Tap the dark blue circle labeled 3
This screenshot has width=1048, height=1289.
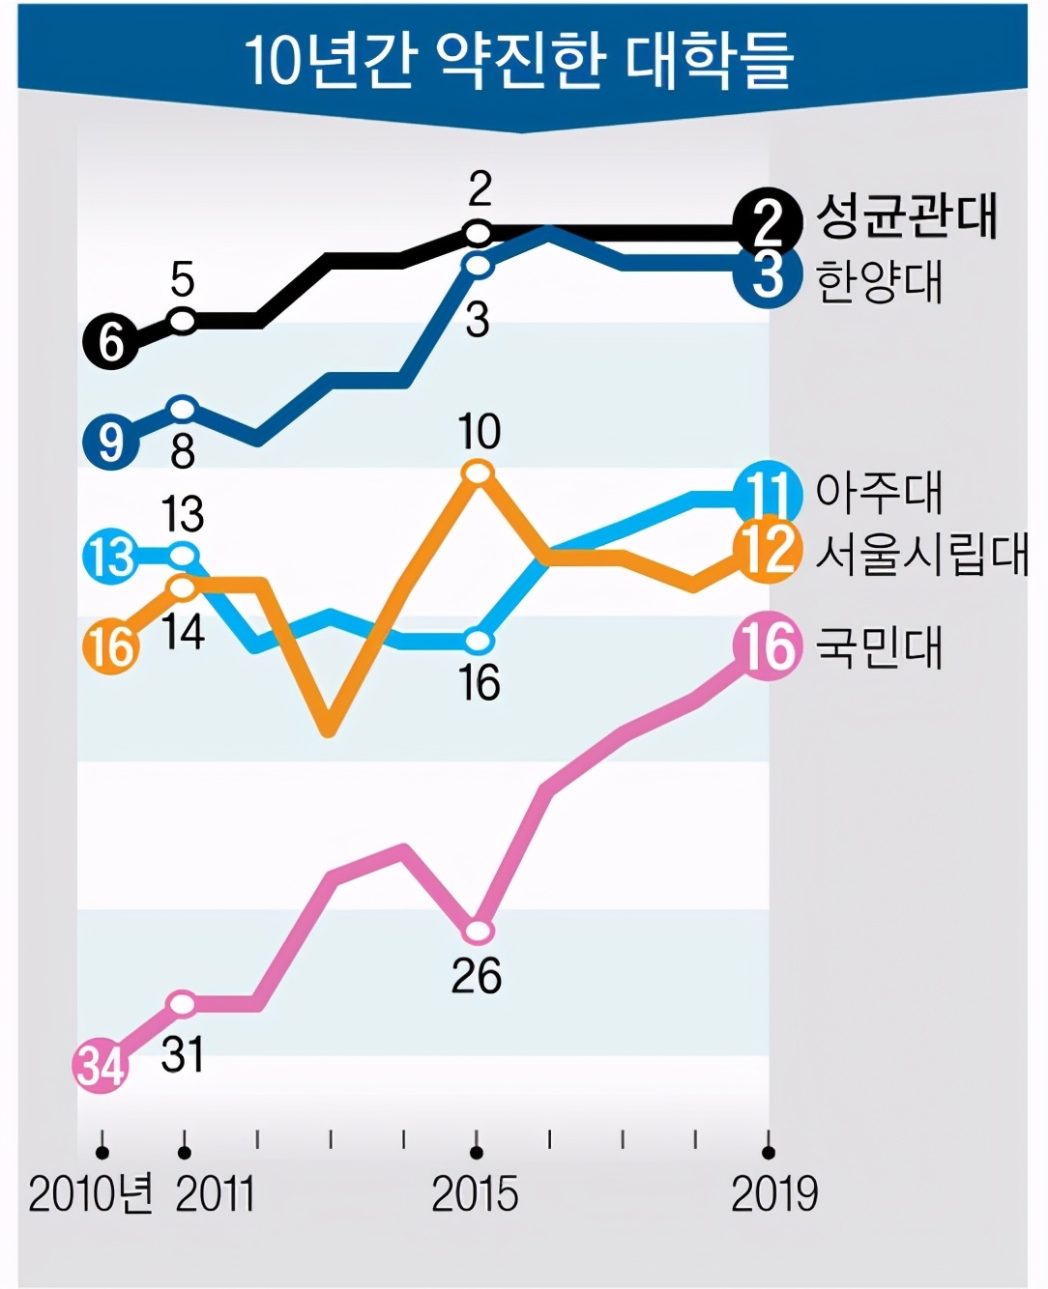(x=768, y=275)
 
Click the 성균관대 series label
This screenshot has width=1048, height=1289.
(x=906, y=215)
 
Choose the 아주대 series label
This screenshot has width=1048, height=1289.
(x=879, y=492)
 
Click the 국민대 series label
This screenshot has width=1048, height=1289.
(x=879, y=646)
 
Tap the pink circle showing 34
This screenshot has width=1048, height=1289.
(x=102, y=1066)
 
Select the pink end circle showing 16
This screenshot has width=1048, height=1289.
(x=769, y=646)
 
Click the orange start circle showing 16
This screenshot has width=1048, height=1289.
(x=111, y=646)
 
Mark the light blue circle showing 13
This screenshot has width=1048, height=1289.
(x=111, y=557)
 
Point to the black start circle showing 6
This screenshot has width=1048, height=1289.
(x=110, y=342)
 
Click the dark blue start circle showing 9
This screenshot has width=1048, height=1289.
(x=110, y=443)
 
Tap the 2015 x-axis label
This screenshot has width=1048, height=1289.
(x=475, y=1195)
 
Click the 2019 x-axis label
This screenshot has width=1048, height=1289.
(x=773, y=1195)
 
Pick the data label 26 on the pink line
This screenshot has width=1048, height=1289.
(x=477, y=976)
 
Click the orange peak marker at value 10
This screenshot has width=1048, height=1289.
(x=479, y=473)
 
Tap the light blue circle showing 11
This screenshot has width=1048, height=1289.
(x=768, y=494)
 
